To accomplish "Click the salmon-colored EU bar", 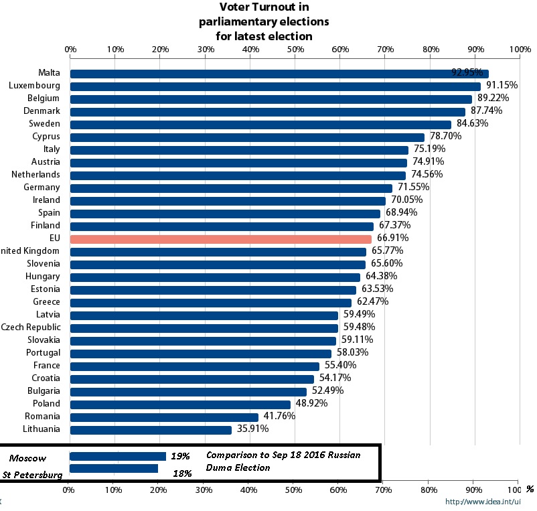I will click(220, 238).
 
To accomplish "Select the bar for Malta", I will click(279, 74).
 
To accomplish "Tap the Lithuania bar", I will click(151, 429).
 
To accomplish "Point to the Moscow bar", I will click(118, 456).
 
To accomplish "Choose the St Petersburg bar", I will click(114, 468).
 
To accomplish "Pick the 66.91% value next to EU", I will click(392, 238).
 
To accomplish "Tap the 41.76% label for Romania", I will click(279, 416).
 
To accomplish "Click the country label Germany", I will click(42, 188).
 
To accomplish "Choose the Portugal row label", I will click(43, 353).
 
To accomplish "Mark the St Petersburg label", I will click(33, 475).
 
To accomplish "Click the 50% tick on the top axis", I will click(295, 50).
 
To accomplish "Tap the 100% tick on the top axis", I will click(520, 50).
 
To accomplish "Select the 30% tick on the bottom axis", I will click(203, 490).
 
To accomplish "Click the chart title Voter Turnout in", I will click(264, 7).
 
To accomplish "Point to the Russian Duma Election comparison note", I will click(283, 461).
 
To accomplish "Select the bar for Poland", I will click(180, 404).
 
